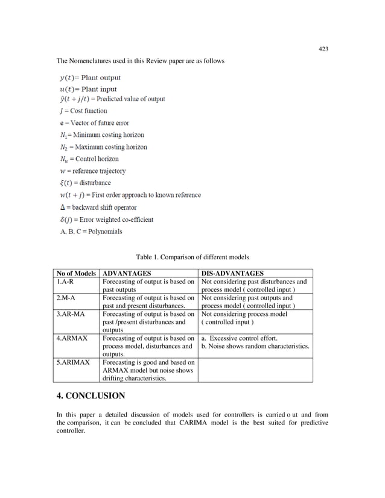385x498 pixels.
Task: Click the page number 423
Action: click(323, 49)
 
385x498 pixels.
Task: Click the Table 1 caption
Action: click(192, 257)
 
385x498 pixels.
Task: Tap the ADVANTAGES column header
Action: click(126, 273)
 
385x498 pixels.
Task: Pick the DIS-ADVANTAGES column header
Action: click(232, 273)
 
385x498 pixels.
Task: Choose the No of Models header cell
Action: click(76, 273)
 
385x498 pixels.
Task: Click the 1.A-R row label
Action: click(65, 282)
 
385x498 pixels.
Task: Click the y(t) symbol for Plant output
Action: click(68, 78)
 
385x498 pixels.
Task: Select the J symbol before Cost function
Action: click(61, 111)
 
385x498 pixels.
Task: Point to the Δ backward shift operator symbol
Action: click(61, 207)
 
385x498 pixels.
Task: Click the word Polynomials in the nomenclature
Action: click(104, 231)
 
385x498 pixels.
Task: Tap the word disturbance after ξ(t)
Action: click(95, 183)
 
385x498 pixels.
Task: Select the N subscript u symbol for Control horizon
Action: click(63, 159)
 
